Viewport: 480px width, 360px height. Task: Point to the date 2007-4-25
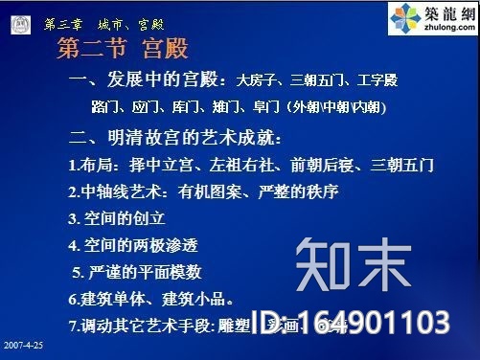(22, 342)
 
